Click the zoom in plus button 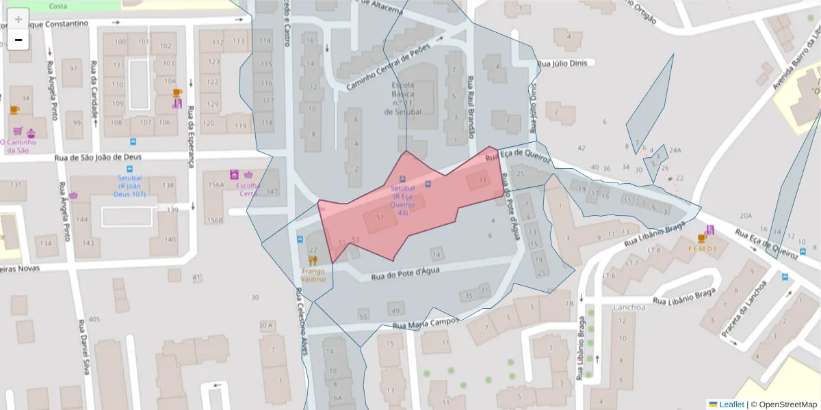point(18,19)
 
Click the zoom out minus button point(18,40)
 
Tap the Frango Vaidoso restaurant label point(313,275)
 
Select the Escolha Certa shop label point(248,189)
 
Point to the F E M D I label point(702,249)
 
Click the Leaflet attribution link point(731,405)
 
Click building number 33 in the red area point(482,180)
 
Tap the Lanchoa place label point(629,307)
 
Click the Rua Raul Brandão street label point(470,102)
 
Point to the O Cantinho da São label point(15,146)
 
